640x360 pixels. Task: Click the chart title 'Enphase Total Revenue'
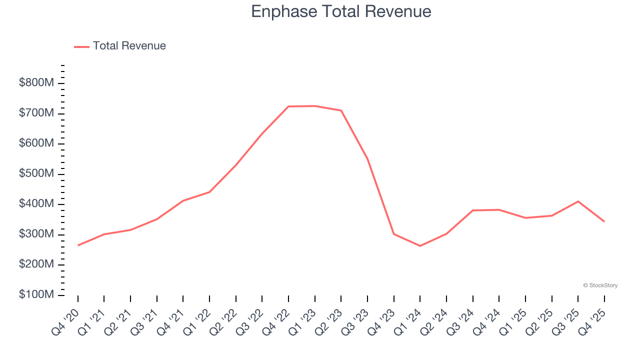[341, 11]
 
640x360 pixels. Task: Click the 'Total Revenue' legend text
[129, 46]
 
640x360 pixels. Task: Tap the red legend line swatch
[81, 46]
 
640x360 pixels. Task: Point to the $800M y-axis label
[36, 83]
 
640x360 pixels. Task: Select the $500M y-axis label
[36, 174]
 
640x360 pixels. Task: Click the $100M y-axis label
[36, 295]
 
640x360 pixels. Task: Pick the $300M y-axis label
[36, 234]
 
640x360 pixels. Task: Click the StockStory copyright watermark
[600, 285]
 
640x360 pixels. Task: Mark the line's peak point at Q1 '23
[314, 106]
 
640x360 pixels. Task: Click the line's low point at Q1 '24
[420, 246]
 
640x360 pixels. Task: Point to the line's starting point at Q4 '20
[78, 245]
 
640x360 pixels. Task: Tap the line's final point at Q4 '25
[604, 221]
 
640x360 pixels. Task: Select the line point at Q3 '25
[578, 201]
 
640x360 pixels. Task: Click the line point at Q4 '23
[393, 234]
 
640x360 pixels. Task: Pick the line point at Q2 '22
[235, 165]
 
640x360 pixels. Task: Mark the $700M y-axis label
[36, 113]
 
